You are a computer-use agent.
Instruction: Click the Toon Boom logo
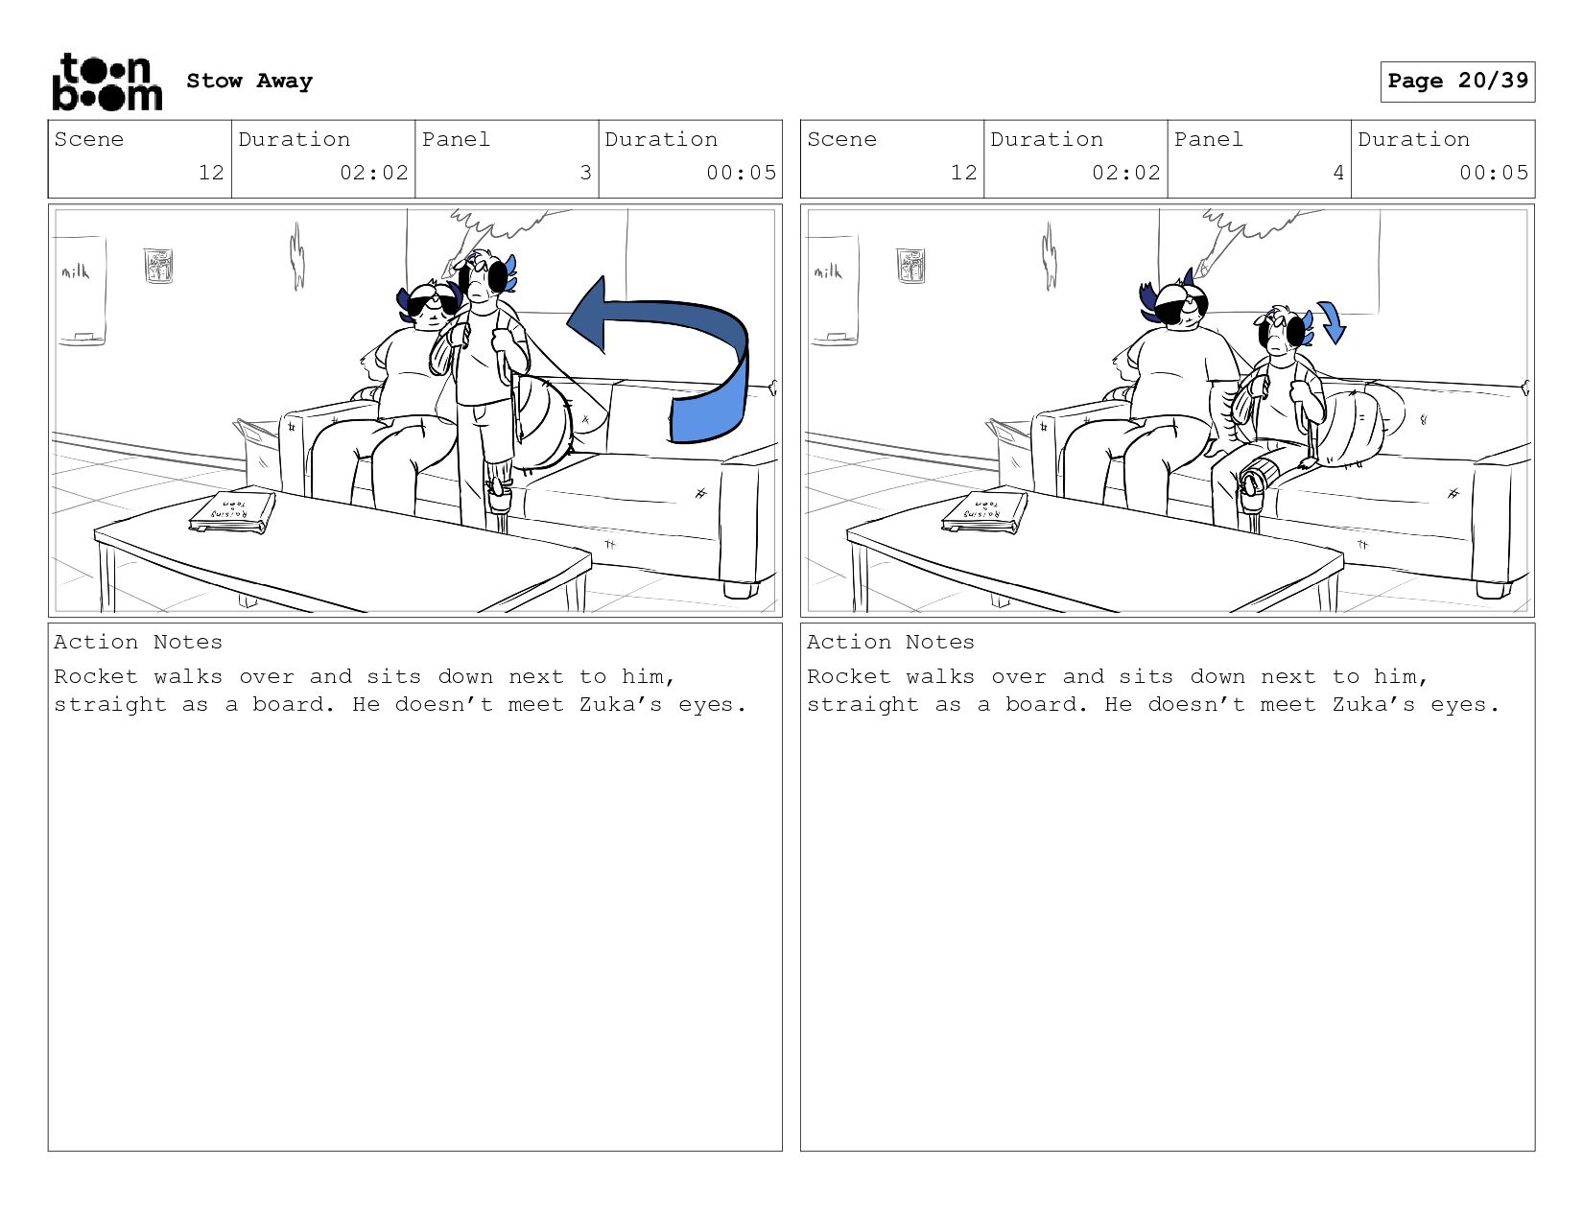click(107, 82)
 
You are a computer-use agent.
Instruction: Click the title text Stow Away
click(249, 81)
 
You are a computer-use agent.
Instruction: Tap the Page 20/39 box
click(1457, 81)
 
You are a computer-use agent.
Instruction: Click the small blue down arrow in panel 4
click(1334, 322)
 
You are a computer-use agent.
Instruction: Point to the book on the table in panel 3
click(232, 513)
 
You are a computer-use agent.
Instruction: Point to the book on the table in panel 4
click(985, 513)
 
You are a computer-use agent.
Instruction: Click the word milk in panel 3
click(75, 271)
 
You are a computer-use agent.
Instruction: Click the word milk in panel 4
click(828, 271)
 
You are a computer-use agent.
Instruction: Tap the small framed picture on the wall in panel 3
click(158, 265)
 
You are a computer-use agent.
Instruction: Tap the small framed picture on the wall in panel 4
click(910, 265)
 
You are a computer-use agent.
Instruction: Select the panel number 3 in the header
click(585, 173)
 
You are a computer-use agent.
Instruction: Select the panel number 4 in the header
click(1338, 173)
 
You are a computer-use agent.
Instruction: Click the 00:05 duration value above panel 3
click(741, 173)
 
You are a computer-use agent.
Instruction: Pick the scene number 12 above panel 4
click(964, 173)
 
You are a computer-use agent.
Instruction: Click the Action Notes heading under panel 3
click(138, 642)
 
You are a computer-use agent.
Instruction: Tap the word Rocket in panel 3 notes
click(95, 676)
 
